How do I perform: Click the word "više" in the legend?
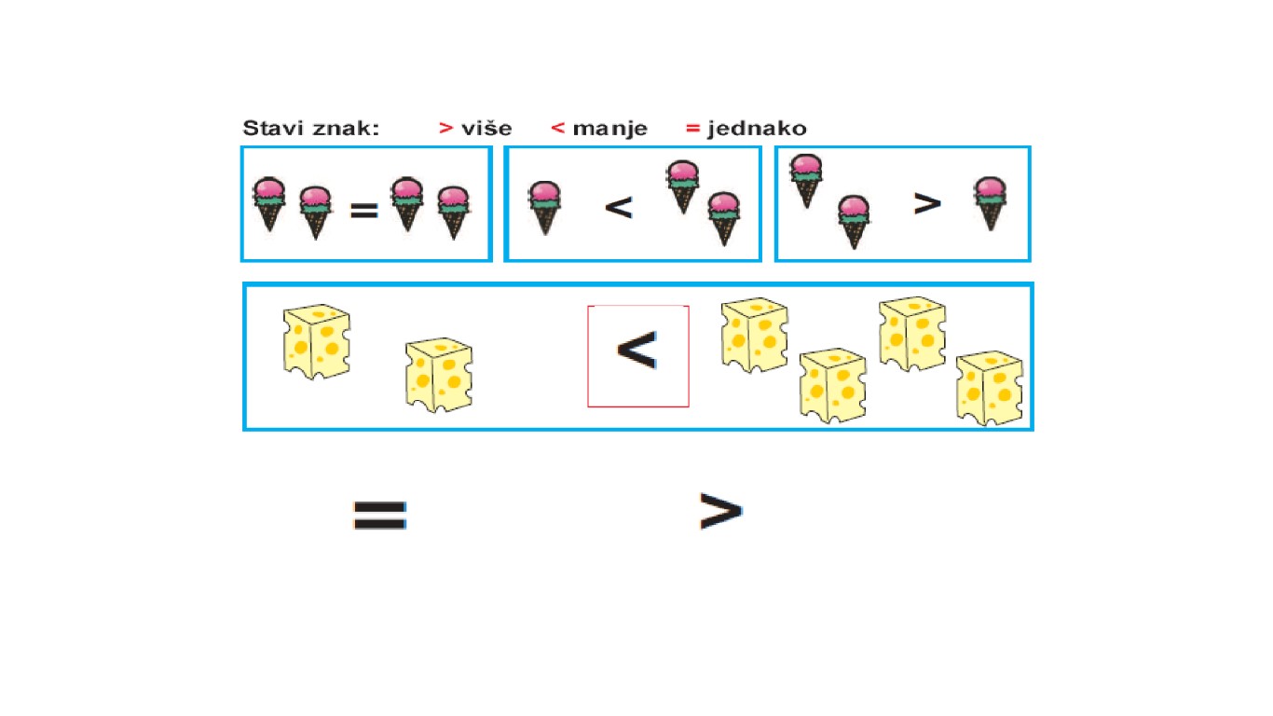point(486,129)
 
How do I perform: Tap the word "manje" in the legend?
point(609,129)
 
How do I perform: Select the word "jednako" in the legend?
point(757,129)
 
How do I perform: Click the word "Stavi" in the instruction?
point(274,129)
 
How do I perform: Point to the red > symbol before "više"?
point(445,129)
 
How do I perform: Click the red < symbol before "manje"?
point(557,129)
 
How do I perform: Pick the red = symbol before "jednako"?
point(692,129)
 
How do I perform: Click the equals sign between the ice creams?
point(363,212)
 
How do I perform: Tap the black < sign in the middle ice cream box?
point(619,206)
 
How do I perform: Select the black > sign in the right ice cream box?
point(926,202)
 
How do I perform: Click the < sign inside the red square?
point(637,351)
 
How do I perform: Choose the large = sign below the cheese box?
point(379,514)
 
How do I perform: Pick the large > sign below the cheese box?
point(720,511)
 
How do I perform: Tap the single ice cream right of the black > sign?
point(991,203)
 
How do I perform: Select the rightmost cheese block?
point(989,387)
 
